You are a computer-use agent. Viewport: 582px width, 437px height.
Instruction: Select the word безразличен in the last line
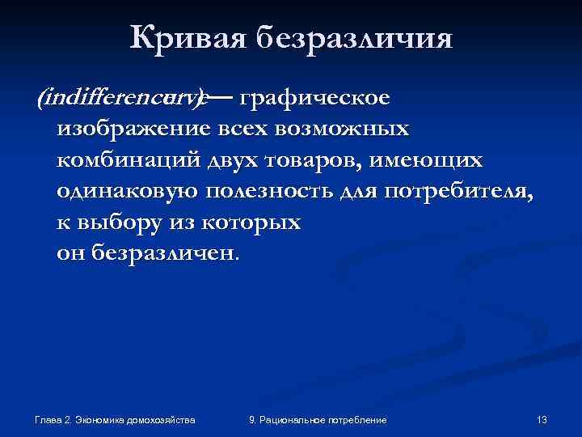[x=167, y=252]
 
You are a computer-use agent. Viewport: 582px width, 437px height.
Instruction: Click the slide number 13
[x=542, y=420]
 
